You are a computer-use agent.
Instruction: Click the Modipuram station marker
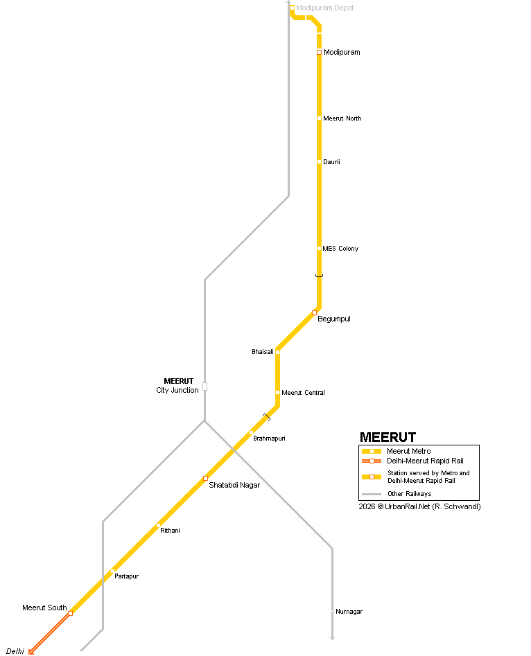[319, 52]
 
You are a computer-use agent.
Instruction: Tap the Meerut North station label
[342, 118]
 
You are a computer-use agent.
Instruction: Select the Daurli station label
[331, 162]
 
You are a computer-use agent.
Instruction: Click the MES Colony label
[340, 249]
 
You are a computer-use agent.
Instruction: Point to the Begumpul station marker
[315, 312]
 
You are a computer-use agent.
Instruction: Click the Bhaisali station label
[262, 352]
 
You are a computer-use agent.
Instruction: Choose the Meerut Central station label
[303, 393]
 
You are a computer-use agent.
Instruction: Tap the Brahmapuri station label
[269, 438]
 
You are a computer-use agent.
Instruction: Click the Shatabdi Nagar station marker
[205, 478]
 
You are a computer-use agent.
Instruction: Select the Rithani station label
[170, 531]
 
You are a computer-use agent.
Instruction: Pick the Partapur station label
[126, 576]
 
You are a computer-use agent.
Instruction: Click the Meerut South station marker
[70, 613]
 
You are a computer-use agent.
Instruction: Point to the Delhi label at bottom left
[15, 651]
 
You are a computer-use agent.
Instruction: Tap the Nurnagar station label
[349, 612]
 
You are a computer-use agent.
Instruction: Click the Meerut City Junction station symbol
[204, 387]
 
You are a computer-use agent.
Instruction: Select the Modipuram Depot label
[325, 8]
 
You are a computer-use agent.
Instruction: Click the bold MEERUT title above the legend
[388, 437]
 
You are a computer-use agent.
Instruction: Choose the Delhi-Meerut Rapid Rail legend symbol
[372, 461]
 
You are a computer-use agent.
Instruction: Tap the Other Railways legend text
[409, 494]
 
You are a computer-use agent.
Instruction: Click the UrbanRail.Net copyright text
[419, 506]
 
